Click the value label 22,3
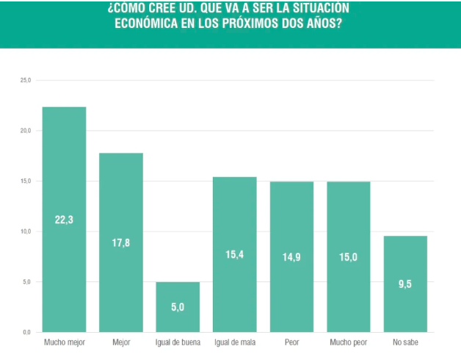point(64,220)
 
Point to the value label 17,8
point(121,242)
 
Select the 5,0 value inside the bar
point(178,307)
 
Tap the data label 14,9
point(291,256)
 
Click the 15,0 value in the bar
point(349,256)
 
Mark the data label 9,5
point(405,284)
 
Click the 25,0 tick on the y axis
point(26,80)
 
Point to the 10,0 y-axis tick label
point(26,231)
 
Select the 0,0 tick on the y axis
point(27,332)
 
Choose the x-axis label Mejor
point(121,342)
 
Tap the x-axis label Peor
point(291,342)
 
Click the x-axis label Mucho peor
point(349,342)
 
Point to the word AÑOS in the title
point(324,23)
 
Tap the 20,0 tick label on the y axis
point(26,131)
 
